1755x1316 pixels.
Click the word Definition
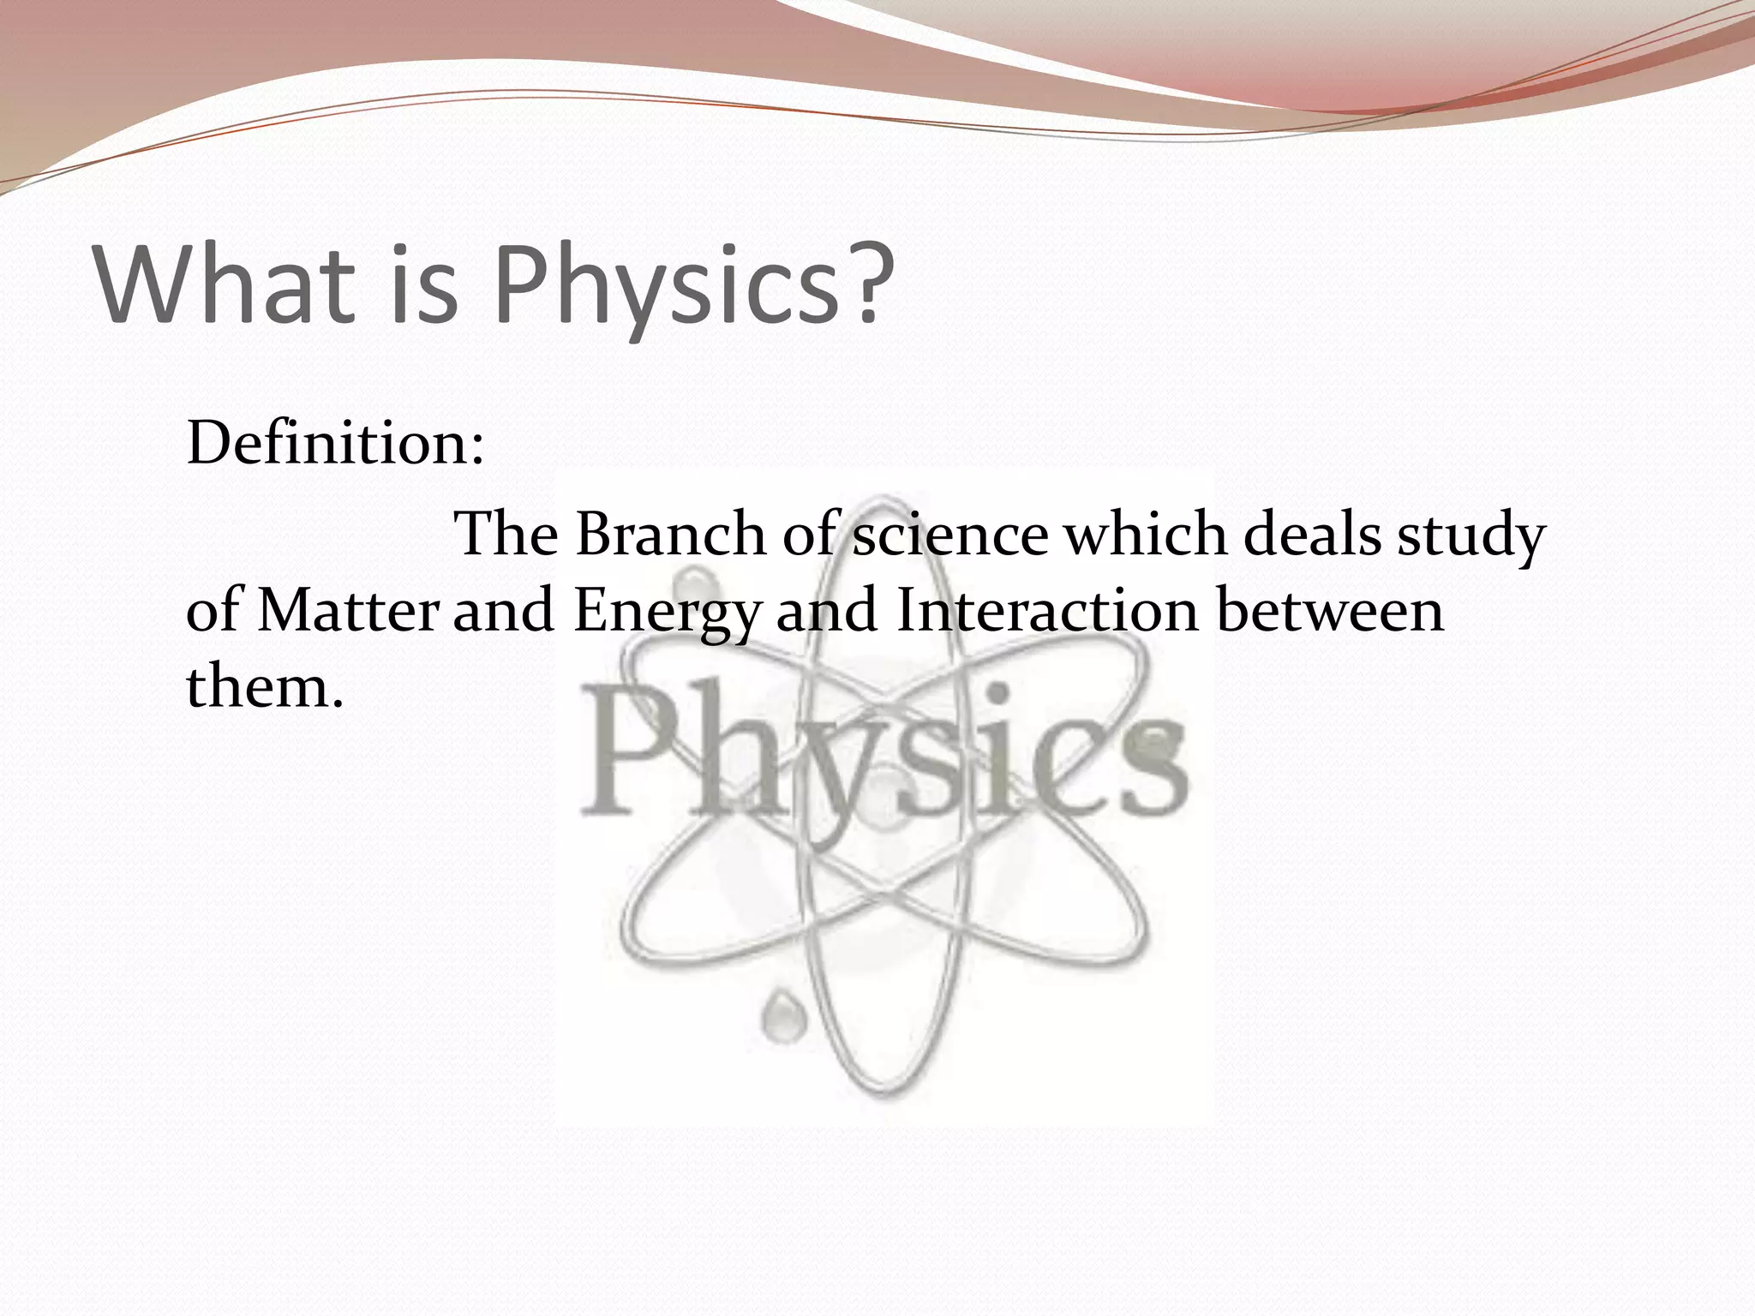[x=334, y=445]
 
